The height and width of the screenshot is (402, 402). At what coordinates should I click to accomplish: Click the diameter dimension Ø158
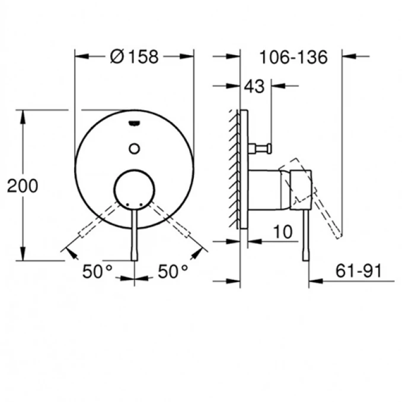tap(135, 57)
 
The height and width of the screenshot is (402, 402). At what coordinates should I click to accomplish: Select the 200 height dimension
tap(23, 186)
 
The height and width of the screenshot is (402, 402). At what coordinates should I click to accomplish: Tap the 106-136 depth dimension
tap(293, 58)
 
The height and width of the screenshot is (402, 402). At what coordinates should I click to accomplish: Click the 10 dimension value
tap(284, 232)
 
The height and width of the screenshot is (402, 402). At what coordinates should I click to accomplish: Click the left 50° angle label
tap(97, 272)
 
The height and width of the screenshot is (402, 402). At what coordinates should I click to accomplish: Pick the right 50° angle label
tap(173, 272)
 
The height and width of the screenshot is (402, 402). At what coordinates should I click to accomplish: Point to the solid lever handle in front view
tap(135, 237)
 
